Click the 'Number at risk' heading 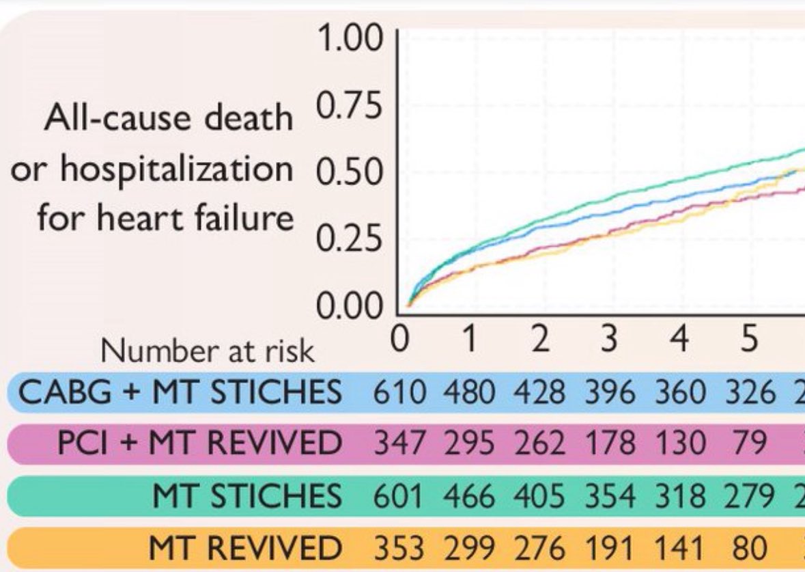coord(208,351)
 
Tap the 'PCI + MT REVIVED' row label coord(199,444)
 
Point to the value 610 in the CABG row coord(400,393)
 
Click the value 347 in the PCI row coord(400,444)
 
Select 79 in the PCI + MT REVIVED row coord(749,444)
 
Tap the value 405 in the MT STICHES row coord(540,495)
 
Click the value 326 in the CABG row coord(750,393)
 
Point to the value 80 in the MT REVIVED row coord(749,547)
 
